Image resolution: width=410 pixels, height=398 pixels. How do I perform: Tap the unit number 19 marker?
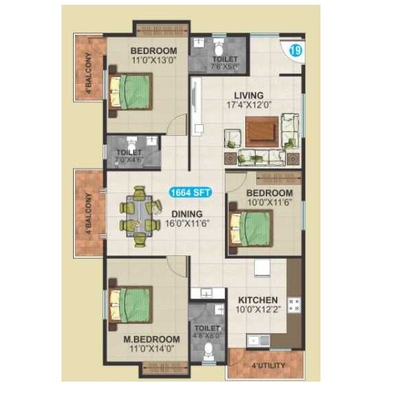click(x=295, y=50)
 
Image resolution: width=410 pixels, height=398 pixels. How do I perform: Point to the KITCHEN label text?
click(x=258, y=300)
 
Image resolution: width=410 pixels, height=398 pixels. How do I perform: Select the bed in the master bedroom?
click(x=129, y=304)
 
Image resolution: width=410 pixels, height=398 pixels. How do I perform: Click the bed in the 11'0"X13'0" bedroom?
click(x=130, y=91)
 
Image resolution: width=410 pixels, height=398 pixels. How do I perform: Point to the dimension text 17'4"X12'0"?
click(x=249, y=106)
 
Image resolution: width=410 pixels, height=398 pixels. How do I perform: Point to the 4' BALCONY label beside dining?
click(x=88, y=214)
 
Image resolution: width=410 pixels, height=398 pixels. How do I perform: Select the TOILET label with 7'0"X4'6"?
click(x=129, y=152)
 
